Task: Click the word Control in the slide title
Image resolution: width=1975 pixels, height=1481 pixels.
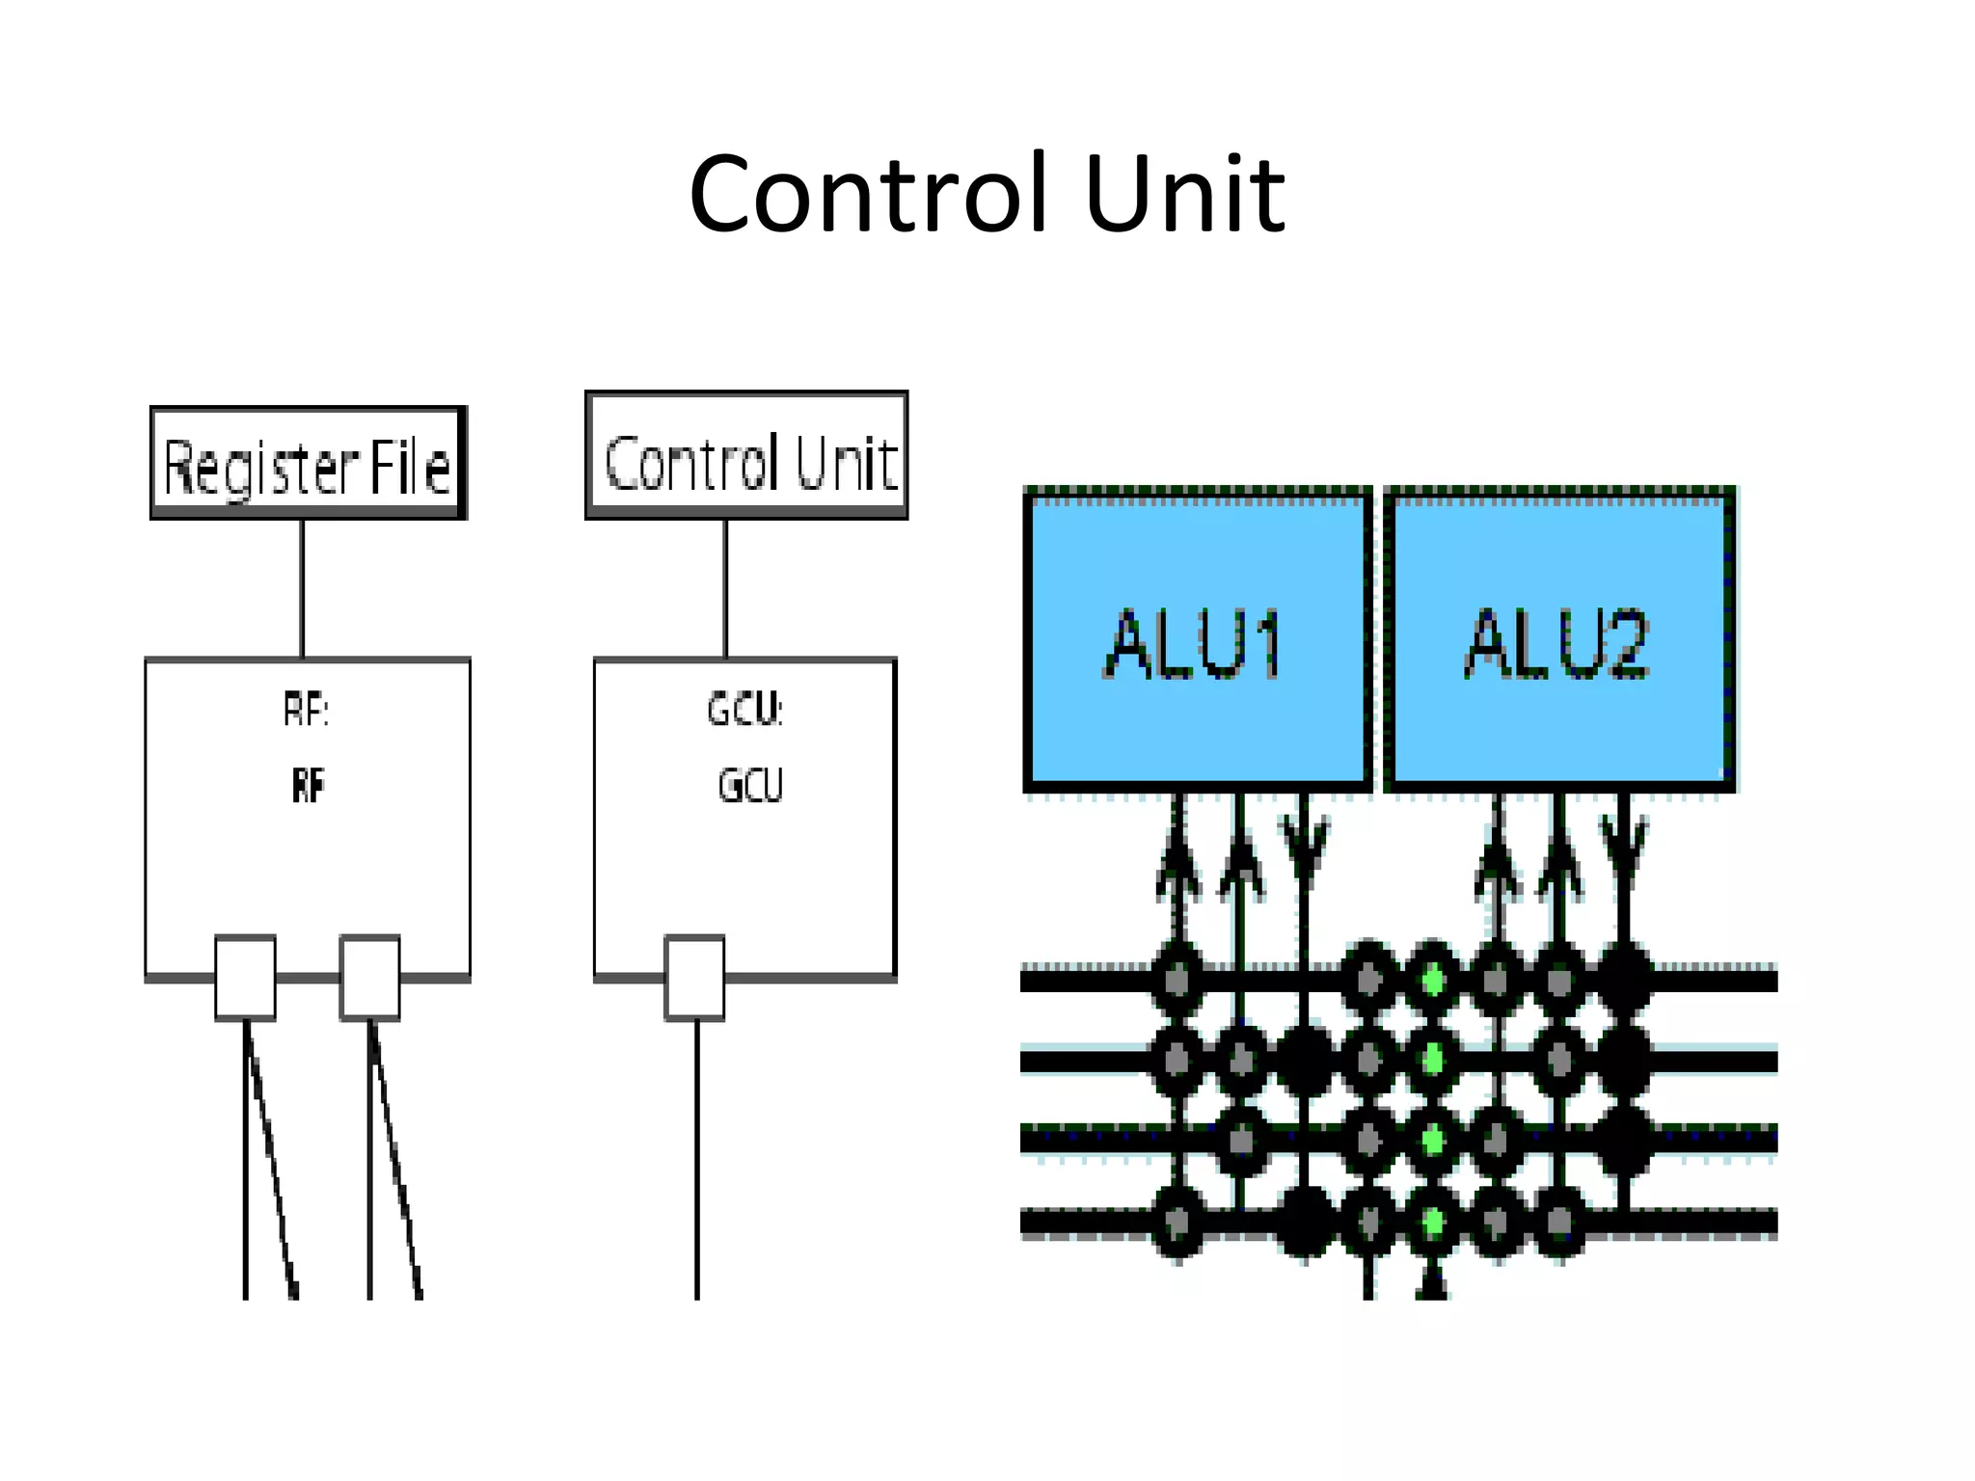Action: point(868,196)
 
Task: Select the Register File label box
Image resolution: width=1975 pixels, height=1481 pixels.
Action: point(308,464)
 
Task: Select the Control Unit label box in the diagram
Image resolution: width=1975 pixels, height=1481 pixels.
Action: point(746,456)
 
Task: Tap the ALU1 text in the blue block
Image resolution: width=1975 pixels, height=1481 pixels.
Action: point(1194,644)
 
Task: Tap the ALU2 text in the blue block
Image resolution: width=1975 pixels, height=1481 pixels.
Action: point(1556,644)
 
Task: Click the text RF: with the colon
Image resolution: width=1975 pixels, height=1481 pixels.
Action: point(307,711)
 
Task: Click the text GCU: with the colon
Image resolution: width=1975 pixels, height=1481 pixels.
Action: point(745,710)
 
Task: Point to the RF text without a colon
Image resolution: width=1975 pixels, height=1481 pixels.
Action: point(308,786)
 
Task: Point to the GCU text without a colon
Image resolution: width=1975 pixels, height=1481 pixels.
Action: point(750,786)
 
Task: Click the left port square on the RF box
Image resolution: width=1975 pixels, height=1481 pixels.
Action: point(245,977)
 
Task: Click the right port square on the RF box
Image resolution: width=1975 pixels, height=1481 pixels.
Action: point(370,977)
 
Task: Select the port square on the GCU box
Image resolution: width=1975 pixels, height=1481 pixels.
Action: point(694,977)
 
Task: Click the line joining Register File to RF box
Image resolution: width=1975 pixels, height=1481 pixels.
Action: point(303,588)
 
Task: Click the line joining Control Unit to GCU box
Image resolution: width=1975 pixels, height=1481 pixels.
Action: point(726,588)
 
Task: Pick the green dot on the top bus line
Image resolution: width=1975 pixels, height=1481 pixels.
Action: point(1433,981)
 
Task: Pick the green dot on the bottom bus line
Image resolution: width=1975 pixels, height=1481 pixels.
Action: point(1433,1223)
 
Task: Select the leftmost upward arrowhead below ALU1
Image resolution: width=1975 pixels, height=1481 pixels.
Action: point(1177,863)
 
